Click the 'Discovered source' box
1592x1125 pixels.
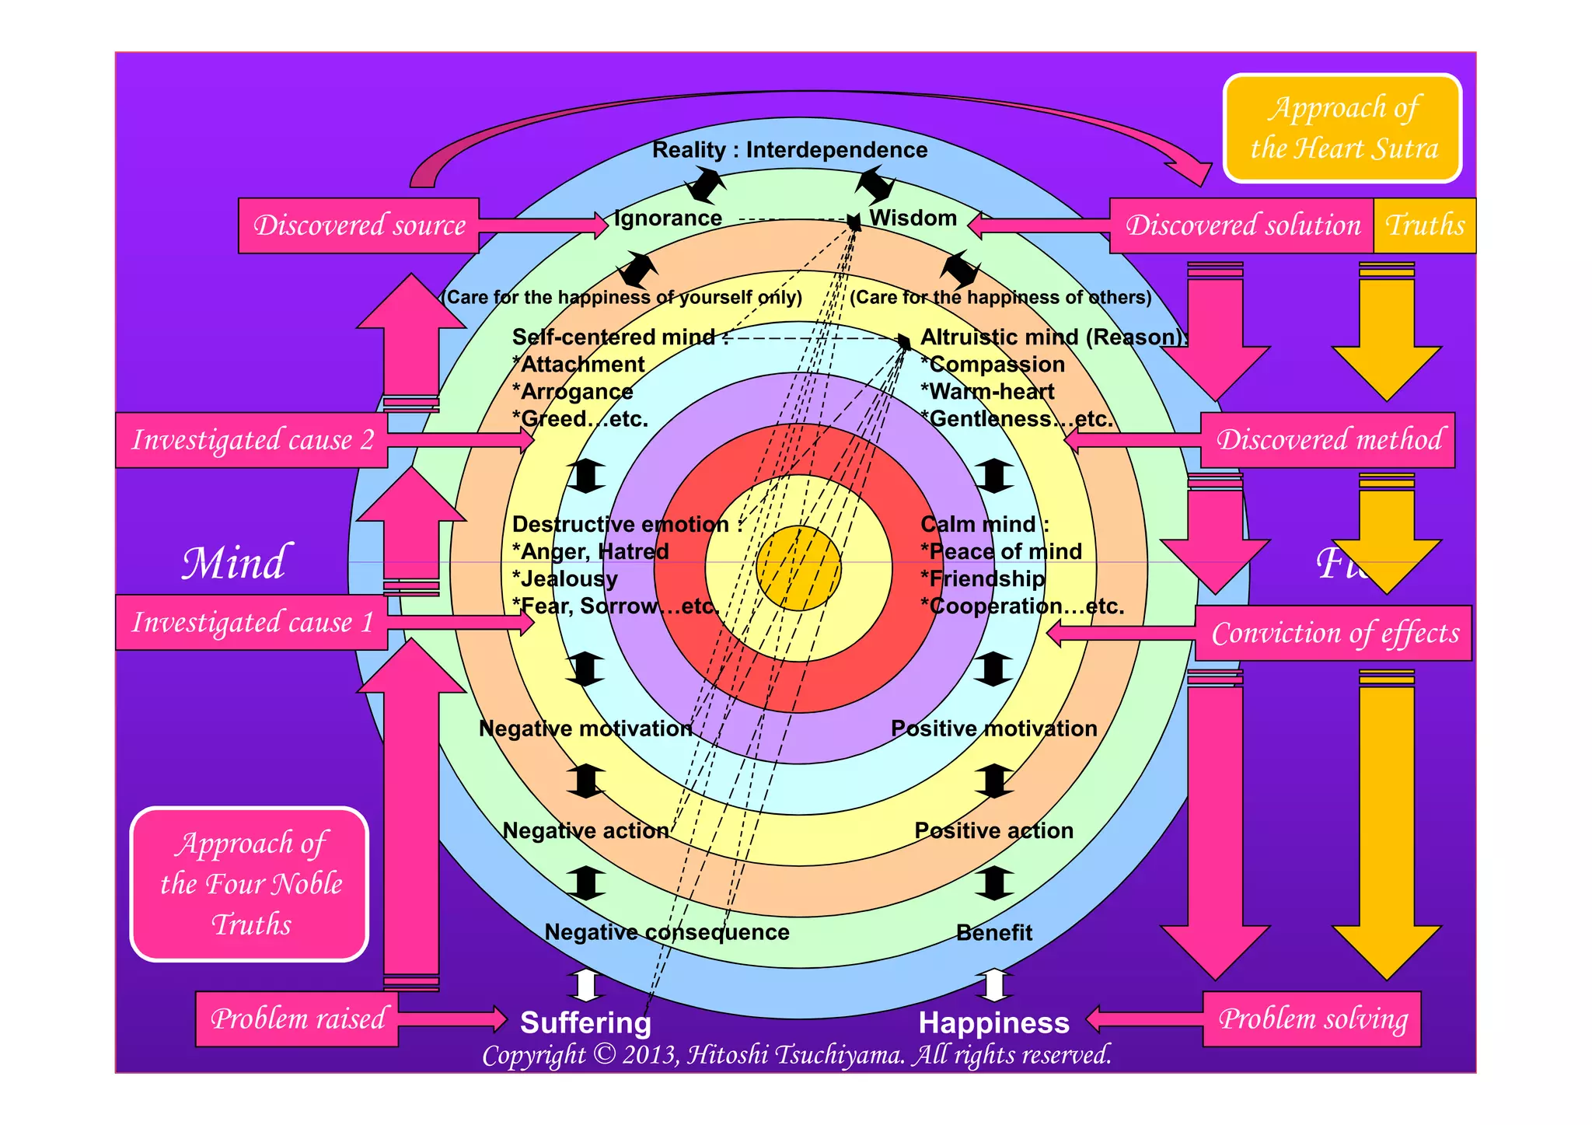click(358, 225)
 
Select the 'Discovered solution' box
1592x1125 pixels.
click(1241, 225)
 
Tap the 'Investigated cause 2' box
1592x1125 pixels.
click(251, 440)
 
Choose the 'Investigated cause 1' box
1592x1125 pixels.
click(251, 622)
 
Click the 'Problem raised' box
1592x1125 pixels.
click(297, 1018)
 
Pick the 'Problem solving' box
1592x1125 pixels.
click(1311, 1018)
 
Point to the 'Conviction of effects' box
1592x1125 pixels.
click(1333, 633)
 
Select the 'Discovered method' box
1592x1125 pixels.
click(1328, 440)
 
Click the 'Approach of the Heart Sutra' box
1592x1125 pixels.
click(1342, 128)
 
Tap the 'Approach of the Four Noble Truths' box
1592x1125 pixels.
click(250, 884)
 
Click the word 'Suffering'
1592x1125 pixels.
click(585, 1023)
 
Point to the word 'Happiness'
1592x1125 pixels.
click(993, 1023)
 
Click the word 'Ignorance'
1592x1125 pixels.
click(668, 218)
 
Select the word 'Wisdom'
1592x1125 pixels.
click(913, 218)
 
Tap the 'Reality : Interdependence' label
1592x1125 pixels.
click(789, 150)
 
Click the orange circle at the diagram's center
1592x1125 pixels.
click(798, 568)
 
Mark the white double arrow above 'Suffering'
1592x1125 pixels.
click(585, 985)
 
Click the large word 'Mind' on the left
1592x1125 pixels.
click(234, 563)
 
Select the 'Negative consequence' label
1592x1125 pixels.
click(666, 932)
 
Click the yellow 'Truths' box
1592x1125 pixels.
click(1424, 225)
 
